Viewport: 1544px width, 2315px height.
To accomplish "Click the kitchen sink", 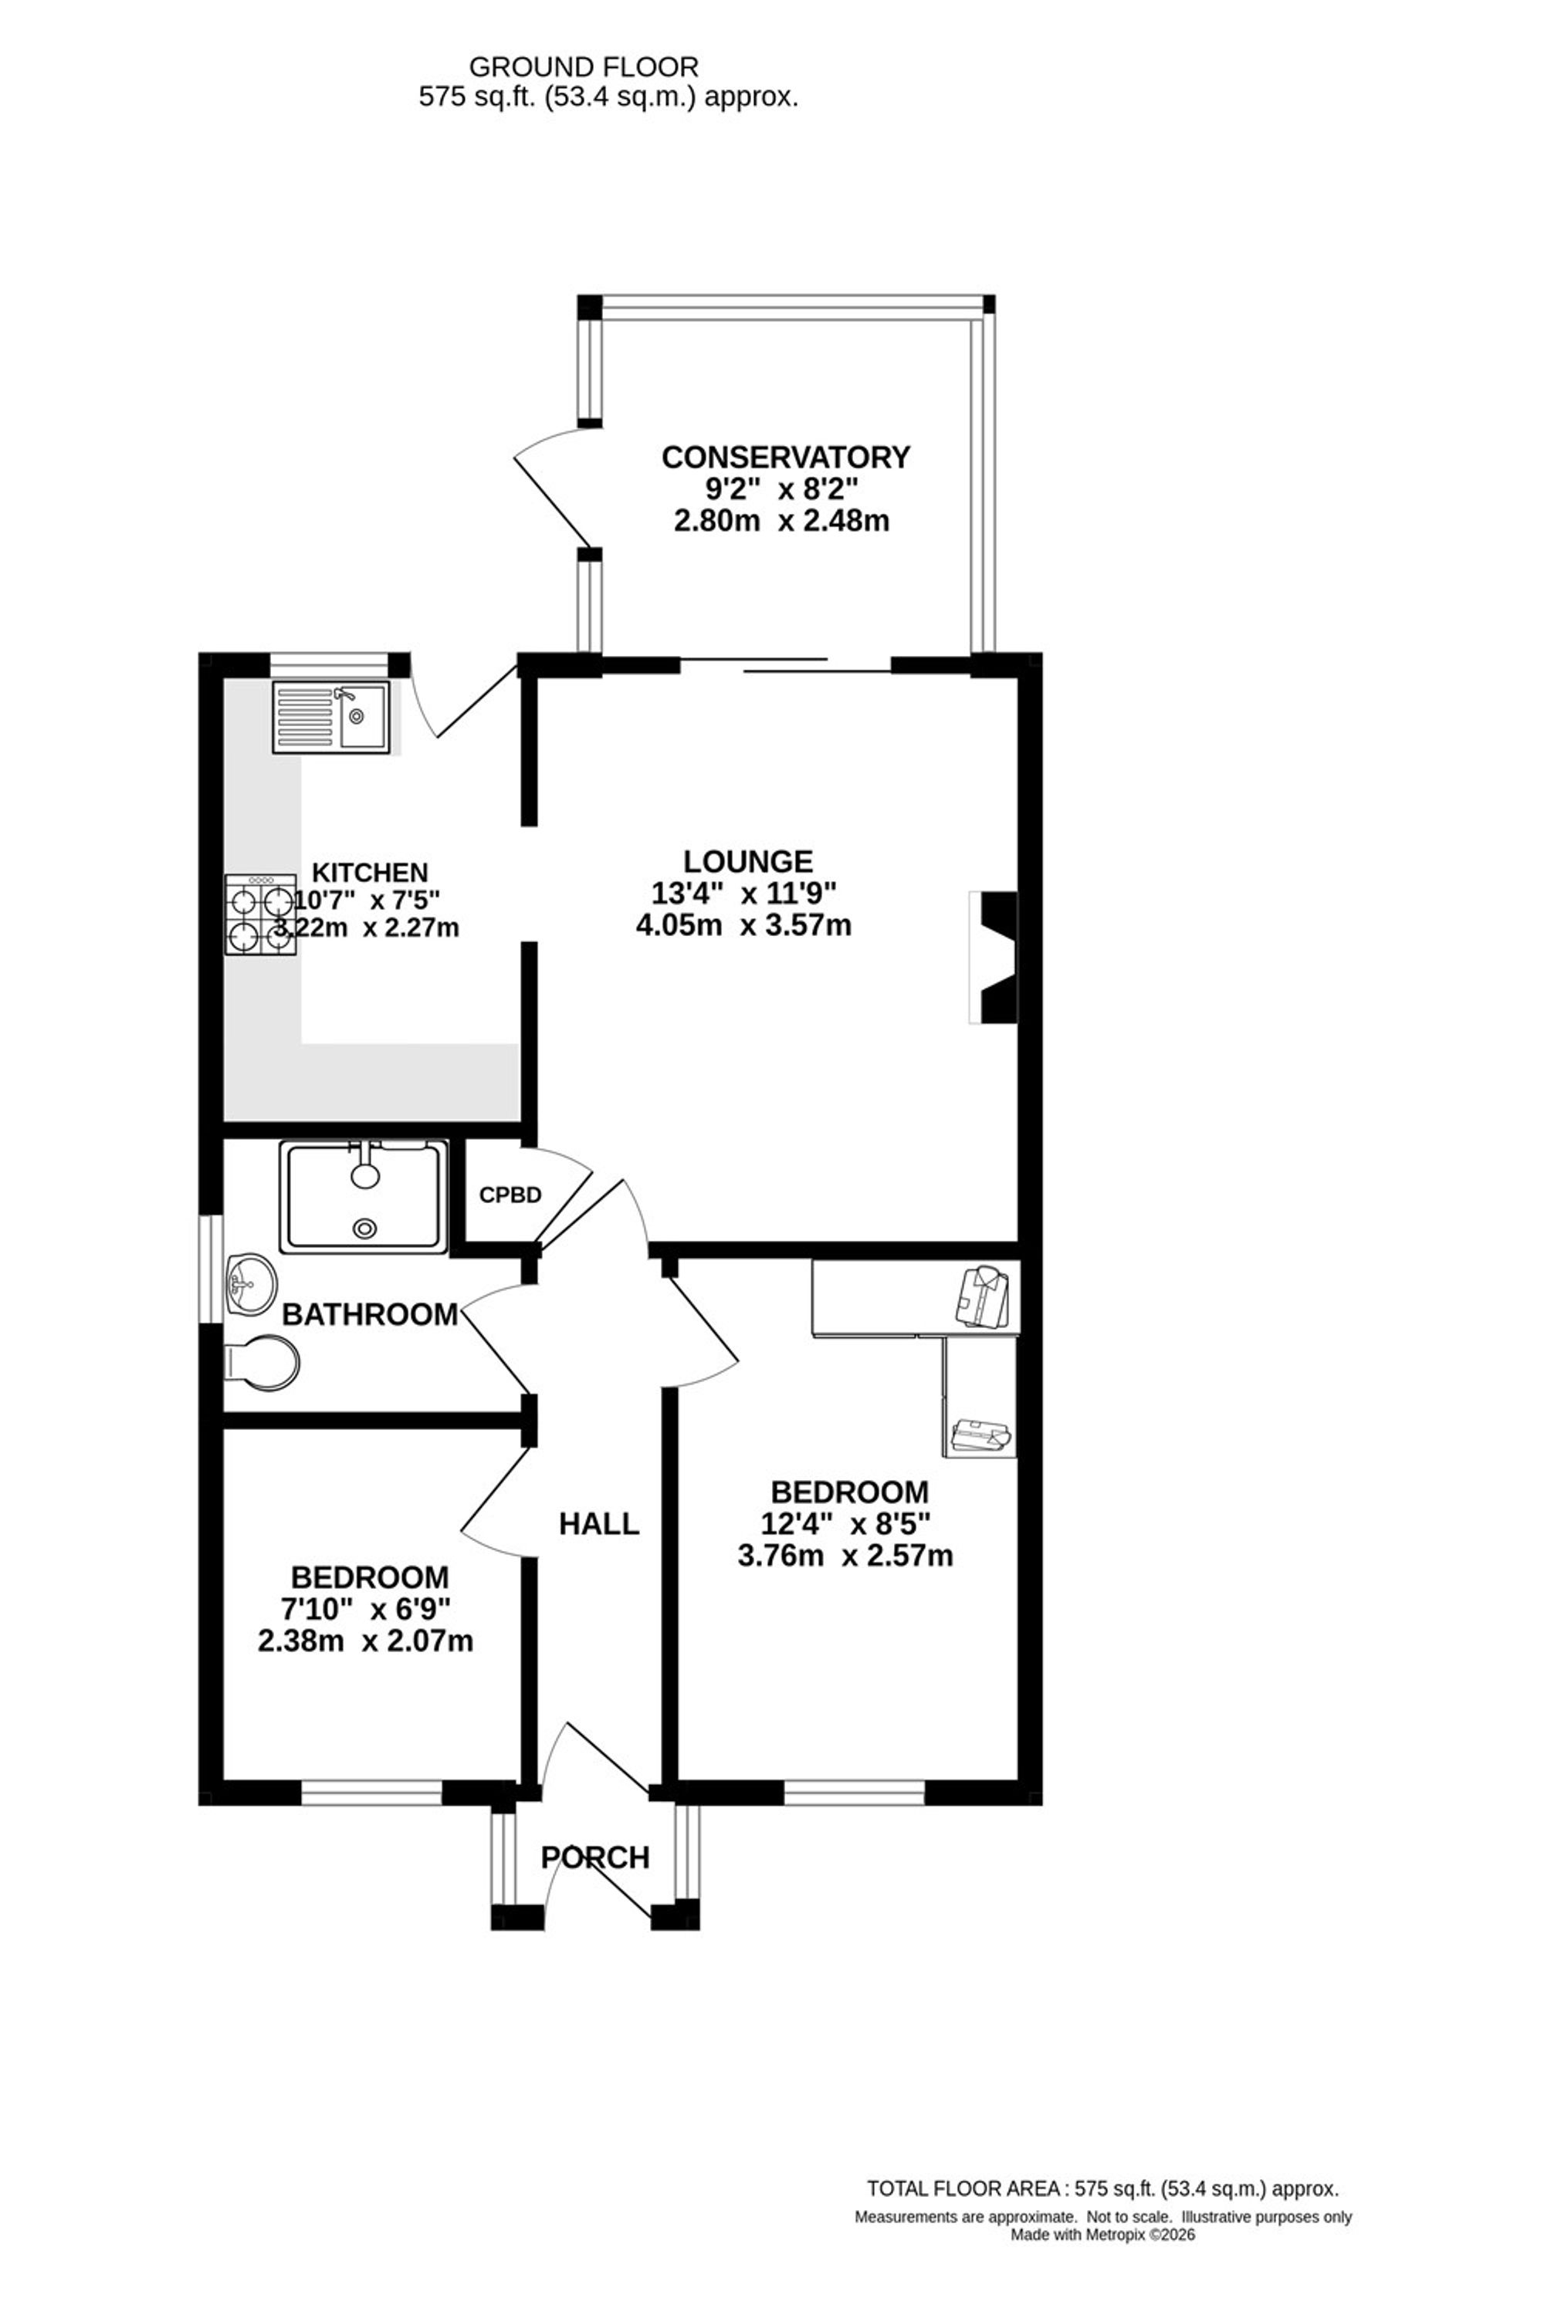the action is point(332,718).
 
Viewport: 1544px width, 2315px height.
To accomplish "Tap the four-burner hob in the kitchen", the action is point(261,915).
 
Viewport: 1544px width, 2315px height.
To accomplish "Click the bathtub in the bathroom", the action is point(364,1196).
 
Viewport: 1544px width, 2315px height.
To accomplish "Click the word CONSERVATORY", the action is point(786,458).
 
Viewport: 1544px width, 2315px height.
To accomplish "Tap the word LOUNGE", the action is point(748,862).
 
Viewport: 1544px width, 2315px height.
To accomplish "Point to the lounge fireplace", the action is point(993,957).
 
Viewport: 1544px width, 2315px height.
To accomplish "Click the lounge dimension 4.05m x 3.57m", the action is point(743,926).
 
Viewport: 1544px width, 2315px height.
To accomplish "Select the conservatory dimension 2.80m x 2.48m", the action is point(780,521).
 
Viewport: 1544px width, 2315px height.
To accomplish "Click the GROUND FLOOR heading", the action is point(584,67).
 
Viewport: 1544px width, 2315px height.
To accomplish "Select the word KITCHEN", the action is point(371,873).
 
